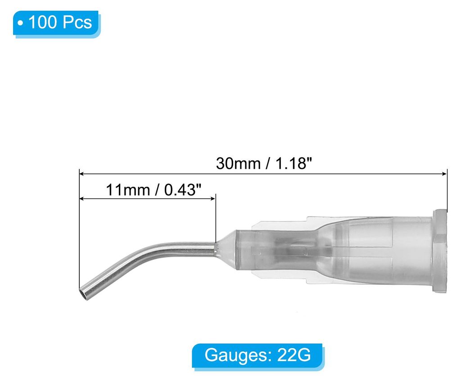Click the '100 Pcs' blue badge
(56, 22)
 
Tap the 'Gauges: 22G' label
(258, 355)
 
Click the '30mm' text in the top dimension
(238, 163)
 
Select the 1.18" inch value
(293, 163)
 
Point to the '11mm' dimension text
(128, 190)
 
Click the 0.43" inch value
(183, 190)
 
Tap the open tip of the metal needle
(83, 294)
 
